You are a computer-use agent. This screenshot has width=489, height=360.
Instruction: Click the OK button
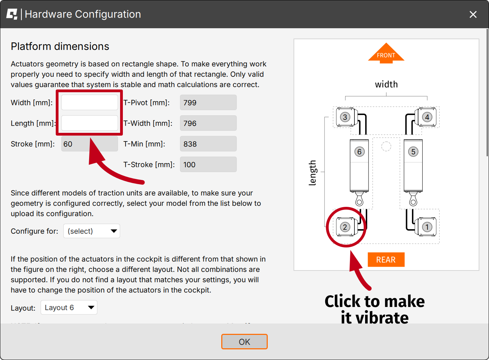coord(244,342)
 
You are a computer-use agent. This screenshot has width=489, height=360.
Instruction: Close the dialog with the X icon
coord(473,14)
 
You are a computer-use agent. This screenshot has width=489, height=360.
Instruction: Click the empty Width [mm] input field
coord(89,102)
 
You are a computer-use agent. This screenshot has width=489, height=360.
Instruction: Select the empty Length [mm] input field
coord(89,123)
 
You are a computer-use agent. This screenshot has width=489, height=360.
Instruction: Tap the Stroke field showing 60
coord(89,144)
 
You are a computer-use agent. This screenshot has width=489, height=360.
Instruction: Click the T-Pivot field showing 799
coord(208,102)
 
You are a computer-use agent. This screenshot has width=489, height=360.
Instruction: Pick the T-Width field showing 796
coord(208,123)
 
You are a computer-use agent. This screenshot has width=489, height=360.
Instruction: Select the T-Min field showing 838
coord(208,144)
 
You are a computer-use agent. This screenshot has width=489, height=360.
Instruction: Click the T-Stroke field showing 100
coord(208,165)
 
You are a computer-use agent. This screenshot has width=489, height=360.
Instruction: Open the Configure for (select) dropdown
coord(92,231)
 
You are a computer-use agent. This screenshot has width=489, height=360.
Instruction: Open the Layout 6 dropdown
coord(69,307)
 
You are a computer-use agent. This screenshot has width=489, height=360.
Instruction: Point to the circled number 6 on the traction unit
coord(359,152)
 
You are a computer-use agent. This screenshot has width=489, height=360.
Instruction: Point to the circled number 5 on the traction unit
coord(413,152)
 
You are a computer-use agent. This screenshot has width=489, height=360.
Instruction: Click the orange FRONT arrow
coord(386,53)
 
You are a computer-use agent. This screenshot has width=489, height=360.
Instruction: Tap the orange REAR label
coord(386,260)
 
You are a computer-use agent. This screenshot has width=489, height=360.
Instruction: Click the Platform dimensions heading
coord(60,46)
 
